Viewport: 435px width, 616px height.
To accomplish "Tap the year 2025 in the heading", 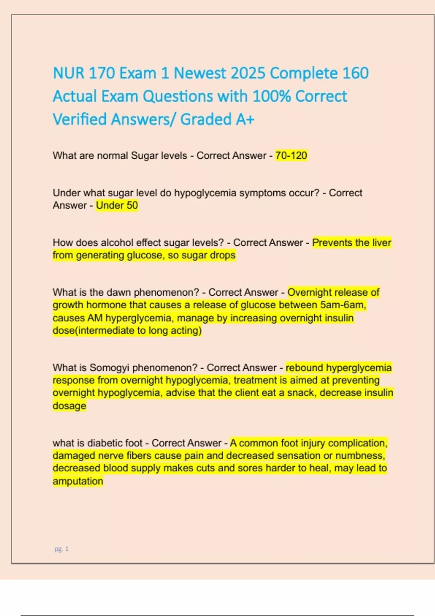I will point(248,73).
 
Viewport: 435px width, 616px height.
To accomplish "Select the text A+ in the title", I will point(245,119).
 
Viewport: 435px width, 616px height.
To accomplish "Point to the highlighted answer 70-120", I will point(291,155).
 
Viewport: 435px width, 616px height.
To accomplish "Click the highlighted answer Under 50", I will point(117,205).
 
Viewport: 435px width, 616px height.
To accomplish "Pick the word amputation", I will point(78,481).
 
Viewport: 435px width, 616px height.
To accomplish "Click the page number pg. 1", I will point(61,549).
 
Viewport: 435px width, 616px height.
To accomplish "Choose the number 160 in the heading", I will point(355,73).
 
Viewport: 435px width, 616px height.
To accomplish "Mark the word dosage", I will point(69,405).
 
